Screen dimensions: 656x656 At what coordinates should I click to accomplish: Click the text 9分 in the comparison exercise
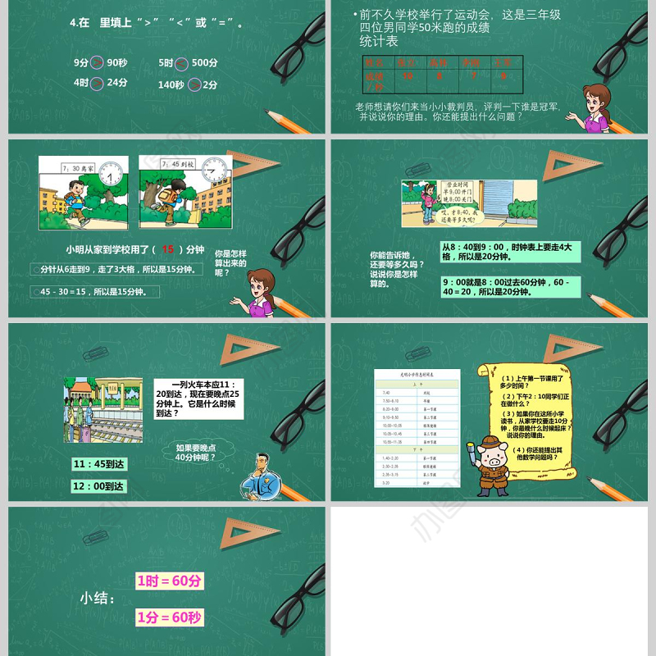point(80,63)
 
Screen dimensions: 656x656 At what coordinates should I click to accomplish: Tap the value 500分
point(204,63)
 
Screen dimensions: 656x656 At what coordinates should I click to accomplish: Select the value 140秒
point(171,84)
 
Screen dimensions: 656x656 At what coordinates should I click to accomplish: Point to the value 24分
point(117,83)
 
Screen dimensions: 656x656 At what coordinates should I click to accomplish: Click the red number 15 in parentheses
point(168,249)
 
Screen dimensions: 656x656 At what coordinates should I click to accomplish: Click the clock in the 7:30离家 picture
point(113,173)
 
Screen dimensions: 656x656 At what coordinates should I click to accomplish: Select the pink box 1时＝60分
point(169,581)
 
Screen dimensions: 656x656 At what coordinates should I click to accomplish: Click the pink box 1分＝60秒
point(169,617)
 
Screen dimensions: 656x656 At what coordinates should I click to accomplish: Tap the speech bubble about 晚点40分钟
point(197,453)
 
